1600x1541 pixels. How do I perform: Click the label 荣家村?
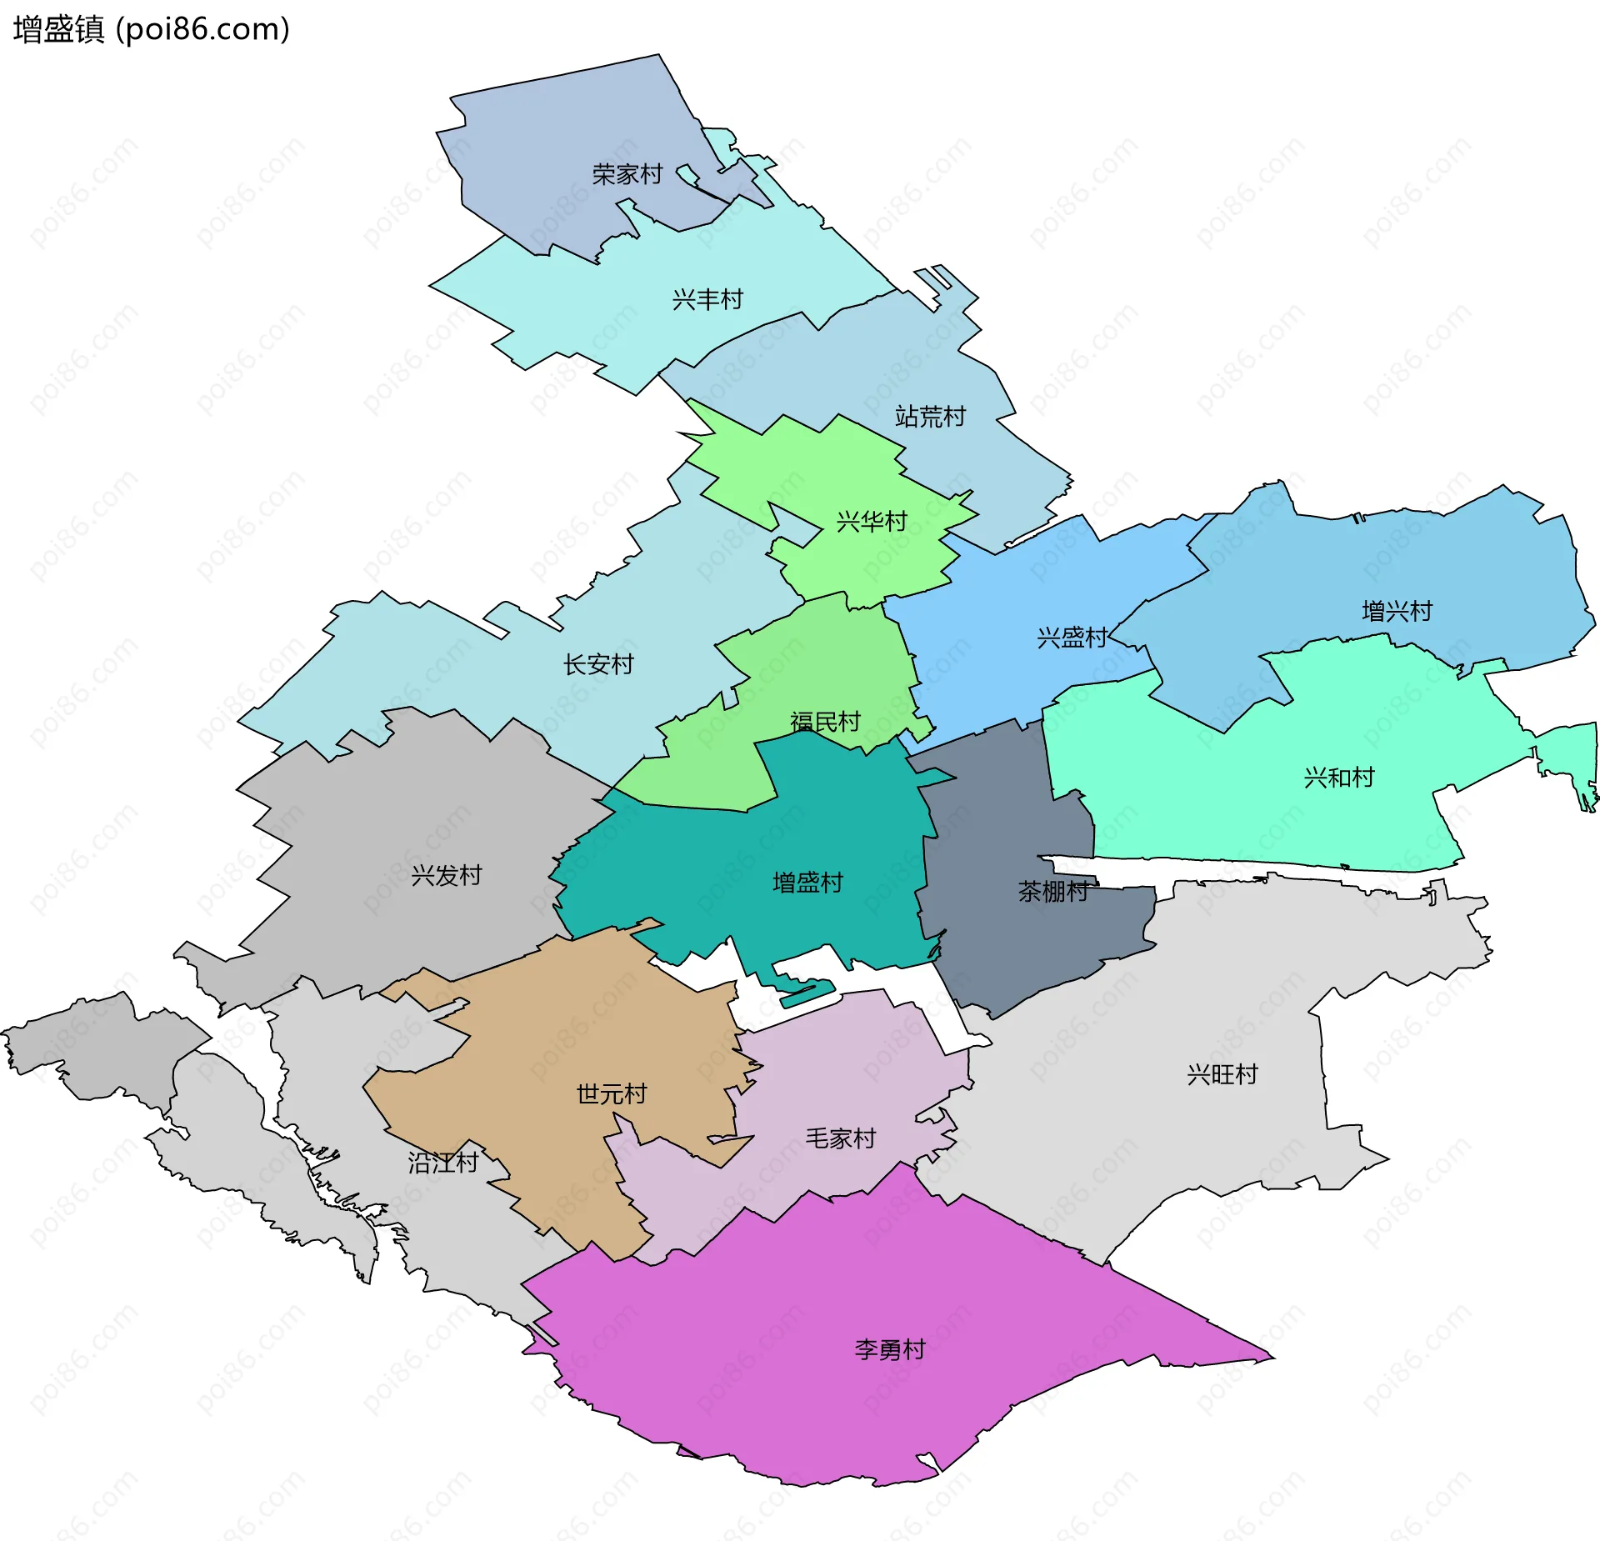point(627,174)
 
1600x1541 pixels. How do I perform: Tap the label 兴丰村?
point(707,299)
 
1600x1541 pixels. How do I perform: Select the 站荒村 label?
point(930,416)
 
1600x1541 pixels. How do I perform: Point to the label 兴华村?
point(872,522)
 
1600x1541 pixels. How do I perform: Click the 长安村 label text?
point(598,664)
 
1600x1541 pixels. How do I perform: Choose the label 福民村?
point(825,722)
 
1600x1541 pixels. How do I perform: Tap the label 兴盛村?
point(1072,638)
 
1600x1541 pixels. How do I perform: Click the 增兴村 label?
point(1397,611)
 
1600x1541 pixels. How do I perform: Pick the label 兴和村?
point(1338,778)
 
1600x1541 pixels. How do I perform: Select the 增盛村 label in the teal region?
point(807,882)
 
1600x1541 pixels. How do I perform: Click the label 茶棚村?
point(1053,891)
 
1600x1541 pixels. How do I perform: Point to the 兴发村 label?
point(447,875)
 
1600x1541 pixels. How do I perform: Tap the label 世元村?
point(612,1093)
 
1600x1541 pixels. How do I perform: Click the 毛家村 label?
point(840,1138)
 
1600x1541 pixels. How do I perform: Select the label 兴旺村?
point(1222,1074)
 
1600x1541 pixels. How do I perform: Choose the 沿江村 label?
point(442,1162)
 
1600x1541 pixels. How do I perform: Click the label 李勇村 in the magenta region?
point(890,1349)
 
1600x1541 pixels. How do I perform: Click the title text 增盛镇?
point(58,29)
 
